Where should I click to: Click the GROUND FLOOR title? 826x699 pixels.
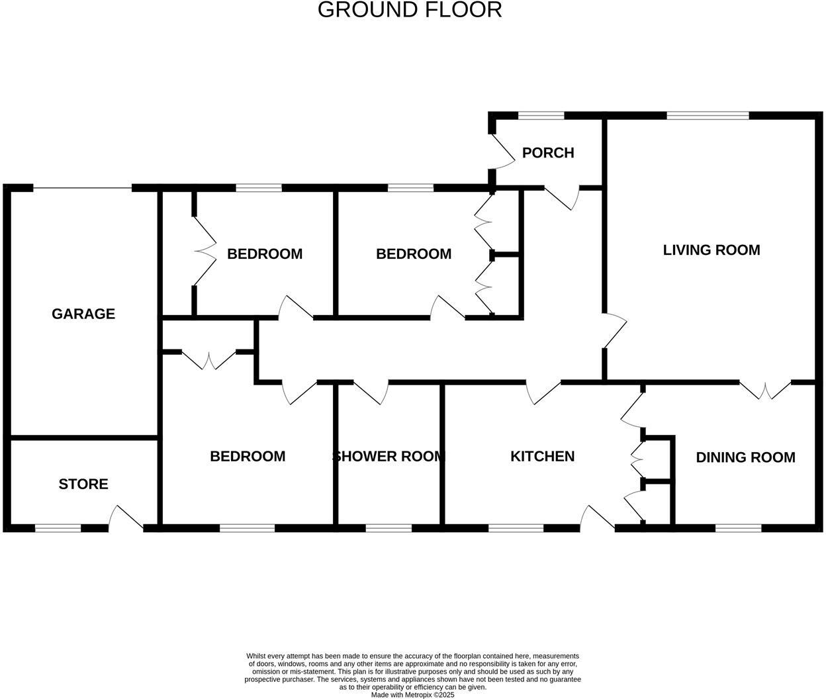[410, 10]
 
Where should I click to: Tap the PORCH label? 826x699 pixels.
[547, 153]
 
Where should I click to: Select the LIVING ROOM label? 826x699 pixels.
[711, 250]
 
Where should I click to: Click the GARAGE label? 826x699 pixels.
[83, 314]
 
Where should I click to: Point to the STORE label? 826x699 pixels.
[83, 484]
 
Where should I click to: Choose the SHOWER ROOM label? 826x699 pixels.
[389, 456]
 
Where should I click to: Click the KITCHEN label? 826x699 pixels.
[542, 456]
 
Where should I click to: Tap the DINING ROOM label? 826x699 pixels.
[745, 457]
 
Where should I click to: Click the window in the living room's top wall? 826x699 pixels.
[708, 116]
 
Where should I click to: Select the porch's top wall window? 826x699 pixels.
[541, 116]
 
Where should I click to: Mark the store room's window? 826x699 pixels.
[58, 528]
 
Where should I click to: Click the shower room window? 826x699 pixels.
[388, 528]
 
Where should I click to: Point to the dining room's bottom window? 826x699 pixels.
[738, 528]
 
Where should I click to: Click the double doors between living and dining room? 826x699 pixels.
[765, 391]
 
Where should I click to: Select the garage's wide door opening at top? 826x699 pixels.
[82, 188]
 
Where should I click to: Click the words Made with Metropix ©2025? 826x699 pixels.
[412, 695]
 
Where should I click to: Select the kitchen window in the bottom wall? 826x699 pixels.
[516, 528]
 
